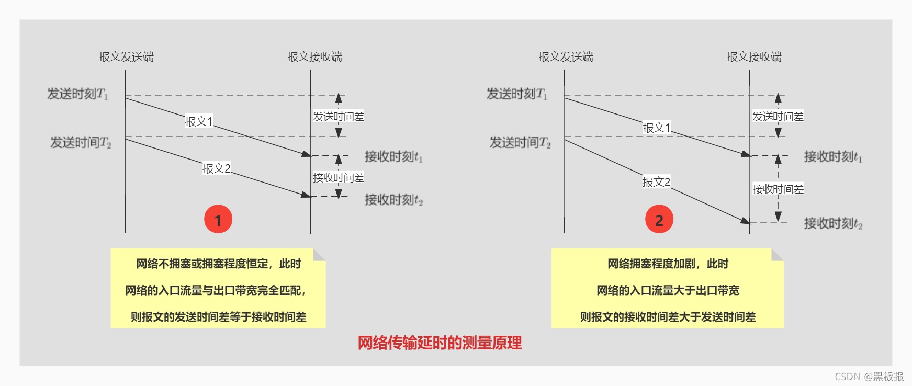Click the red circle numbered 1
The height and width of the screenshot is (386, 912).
[x=218, y=219]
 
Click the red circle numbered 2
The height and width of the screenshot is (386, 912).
[x=659, y=219]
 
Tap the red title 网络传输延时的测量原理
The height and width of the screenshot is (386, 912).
[x=440, y=343]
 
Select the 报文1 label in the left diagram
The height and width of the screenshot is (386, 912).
[x=199, y=121]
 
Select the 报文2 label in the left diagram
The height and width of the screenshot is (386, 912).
[x=217, y=168]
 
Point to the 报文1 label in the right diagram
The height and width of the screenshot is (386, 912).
[x=656, y=128]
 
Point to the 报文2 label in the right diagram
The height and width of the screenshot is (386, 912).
[x=656, y=182]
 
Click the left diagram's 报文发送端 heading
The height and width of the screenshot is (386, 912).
[x=126, y=57]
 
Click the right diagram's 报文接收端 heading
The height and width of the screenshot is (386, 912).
[x=754, y=57]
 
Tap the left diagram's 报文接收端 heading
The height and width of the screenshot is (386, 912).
[x=314, y=57]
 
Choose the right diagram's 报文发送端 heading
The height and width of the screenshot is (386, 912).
[x=566, y=57]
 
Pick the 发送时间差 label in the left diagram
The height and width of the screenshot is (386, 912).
[x=339, y=117]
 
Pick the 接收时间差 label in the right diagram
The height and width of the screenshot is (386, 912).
[x=778, y=189]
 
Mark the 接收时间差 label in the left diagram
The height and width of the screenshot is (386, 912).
[x=339, y=178]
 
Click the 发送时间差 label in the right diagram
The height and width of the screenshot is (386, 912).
[x=778, y=117]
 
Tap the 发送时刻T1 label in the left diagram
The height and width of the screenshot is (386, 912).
[x=77, y=94]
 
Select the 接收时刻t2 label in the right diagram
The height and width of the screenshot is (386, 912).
[x=833, y=224]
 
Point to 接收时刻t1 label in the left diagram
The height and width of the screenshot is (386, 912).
[x=393, y=157]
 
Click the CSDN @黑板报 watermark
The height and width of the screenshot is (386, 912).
[x=869, y=377]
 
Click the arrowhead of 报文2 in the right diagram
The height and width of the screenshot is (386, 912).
[x=746, y=221]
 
